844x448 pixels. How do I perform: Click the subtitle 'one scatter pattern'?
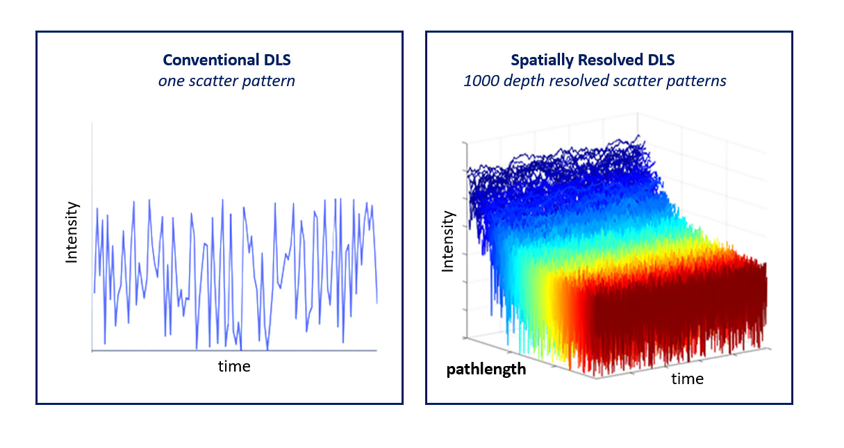226,81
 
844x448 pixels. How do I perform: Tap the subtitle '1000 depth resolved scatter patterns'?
595,81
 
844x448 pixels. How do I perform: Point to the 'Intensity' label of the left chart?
71,232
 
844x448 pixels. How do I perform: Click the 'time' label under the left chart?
234,366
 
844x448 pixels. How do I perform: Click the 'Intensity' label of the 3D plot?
448,241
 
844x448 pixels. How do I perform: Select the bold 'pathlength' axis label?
486,369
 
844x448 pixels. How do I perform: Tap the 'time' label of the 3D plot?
687,379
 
